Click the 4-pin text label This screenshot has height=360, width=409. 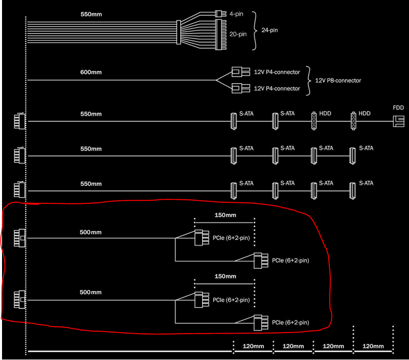[x=236, y=14]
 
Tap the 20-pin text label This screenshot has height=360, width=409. [x=238, y=34]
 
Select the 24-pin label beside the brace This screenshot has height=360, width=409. [x=270, y=30]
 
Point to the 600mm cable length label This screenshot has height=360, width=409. [x=91, y=72]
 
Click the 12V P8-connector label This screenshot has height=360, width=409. [x=338, y=81]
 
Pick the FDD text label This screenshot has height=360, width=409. [x=398, y=107]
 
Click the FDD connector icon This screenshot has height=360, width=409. [x=398, y=122]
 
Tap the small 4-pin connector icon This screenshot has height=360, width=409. [x=220, y=14]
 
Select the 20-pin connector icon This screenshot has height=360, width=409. [x=220, y=34]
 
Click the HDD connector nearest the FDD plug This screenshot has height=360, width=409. [x=353, y=121]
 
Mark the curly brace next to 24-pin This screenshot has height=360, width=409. [x=254, y=30]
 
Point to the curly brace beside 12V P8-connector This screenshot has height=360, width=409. [x=309, y=81]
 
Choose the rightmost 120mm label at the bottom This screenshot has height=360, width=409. [x=373, y=346]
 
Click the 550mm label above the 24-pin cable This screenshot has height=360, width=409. [x=91, y=14]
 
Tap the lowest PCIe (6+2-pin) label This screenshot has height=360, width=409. [x=290, y=322]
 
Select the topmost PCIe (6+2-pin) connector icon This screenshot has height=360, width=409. [x=202, y=238]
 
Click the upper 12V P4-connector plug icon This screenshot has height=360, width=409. [x=241, y=72]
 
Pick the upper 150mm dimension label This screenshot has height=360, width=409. [x=226, y=215]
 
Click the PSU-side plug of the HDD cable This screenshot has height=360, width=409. [x=20, y=121]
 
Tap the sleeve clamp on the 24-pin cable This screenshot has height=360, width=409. [x=179, y=32]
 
